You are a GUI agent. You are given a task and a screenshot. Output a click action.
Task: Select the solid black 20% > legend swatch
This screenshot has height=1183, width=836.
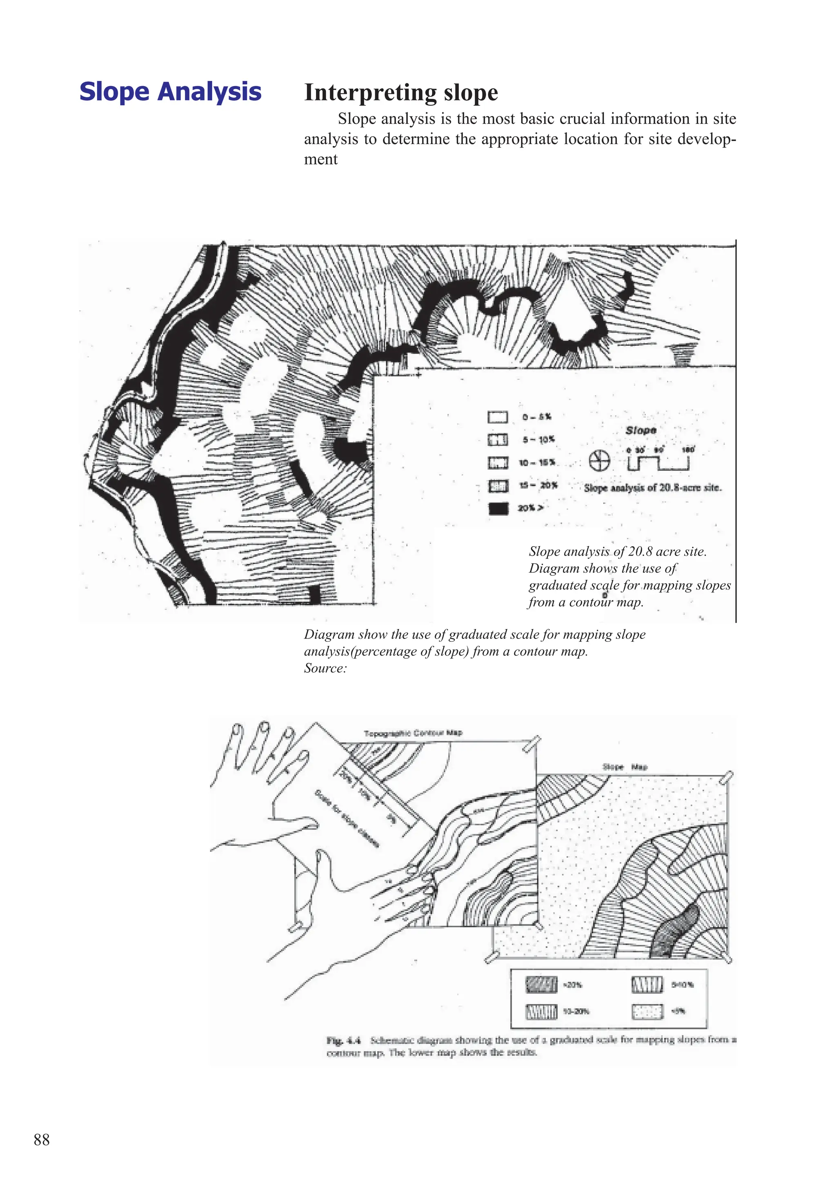coord(498,509)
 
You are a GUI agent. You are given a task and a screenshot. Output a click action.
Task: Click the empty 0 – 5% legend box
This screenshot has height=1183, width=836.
coord(498,417)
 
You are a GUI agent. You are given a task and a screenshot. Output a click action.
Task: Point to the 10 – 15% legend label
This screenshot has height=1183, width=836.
coord(537,463)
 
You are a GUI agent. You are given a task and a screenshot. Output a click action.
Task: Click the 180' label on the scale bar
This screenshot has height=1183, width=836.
coord(688,450)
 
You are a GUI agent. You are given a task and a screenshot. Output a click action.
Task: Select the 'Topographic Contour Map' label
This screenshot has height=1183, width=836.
coord(413,733)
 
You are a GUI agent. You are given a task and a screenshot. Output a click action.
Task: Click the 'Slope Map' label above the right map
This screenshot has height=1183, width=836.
coord(625,767)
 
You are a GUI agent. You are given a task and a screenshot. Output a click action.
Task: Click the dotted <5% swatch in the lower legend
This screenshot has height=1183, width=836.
coord(647,1012)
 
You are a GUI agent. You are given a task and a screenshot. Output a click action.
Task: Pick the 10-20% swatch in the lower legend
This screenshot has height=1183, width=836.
coord(541,1012)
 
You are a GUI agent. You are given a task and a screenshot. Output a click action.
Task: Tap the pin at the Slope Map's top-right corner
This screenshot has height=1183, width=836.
coord(728,777)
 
